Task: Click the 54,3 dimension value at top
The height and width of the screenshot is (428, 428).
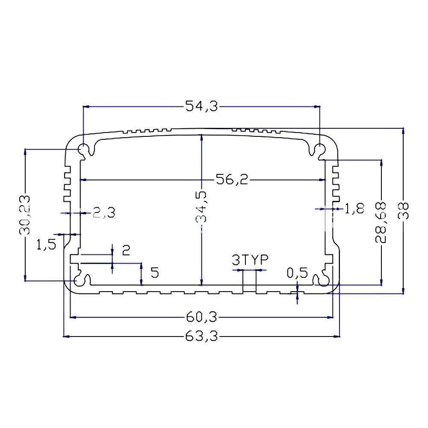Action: [x=201, y=106]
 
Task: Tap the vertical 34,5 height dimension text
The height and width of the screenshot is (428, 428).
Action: [x=201, y=207]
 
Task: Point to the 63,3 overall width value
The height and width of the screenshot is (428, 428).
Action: [x=201, y=337]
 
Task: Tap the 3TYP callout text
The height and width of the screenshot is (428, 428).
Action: [x=249, y=260]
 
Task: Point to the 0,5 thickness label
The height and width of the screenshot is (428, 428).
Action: [x=297, y=273]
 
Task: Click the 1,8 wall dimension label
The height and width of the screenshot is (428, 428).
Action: [x=354, y=209]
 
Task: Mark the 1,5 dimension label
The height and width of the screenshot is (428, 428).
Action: [x=46, y=245]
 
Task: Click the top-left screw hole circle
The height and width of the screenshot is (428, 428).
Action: [x=83, y=150]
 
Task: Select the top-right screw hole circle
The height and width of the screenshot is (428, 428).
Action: [x=319, y=150]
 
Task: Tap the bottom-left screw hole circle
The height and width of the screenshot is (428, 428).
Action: [x=80, y=280]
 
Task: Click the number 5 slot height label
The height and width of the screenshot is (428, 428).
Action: [x=155, y=273]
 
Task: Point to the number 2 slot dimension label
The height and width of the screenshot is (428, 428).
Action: [x=126, y=250]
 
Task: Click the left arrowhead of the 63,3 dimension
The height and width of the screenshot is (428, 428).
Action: [x=66, y=337]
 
